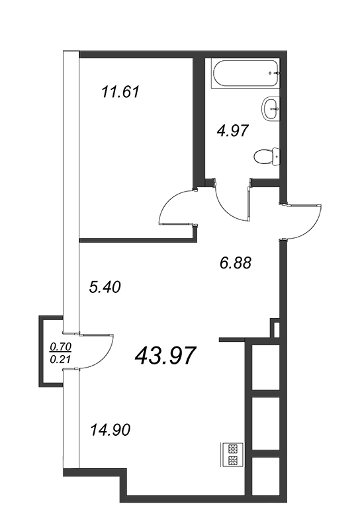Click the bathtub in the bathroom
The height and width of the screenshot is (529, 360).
coord(246,73)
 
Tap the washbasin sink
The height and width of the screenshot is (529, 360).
coord(271,108)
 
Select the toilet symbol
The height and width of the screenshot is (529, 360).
coord(267,155)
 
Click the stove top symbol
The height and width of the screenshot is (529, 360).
coord(232,455)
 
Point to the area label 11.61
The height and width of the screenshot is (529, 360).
coord(120,92)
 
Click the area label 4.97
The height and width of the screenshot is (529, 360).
coord(233,130)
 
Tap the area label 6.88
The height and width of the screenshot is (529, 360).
coord(236,263)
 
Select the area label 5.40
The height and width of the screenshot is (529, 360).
coord(105,287)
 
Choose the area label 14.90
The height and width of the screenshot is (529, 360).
coord(110,430)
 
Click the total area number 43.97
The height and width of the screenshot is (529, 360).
coord(165,356)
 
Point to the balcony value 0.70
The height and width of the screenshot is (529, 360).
coord(61,346)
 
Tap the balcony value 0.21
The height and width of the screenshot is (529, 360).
coord(61,360)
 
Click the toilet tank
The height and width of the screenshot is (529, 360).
coord(276,155)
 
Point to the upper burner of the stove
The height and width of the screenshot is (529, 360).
coord(233,449)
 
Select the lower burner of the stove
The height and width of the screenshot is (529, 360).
coord(233,460)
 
